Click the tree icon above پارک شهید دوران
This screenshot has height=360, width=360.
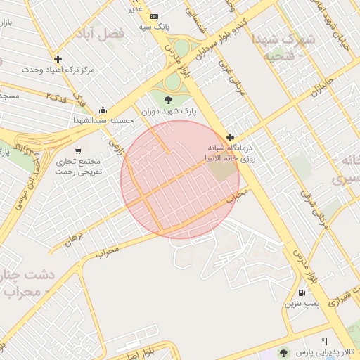click(x=168, y=99)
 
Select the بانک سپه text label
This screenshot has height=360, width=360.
click(x=153, y=27)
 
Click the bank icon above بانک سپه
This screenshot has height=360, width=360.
click(x=154, y=16)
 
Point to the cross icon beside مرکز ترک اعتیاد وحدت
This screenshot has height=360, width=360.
click(x=58, y=60)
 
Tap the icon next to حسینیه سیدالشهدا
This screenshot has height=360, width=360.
click(x=104, y=110)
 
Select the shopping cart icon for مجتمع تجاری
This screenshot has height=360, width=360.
click(x=78, y=150)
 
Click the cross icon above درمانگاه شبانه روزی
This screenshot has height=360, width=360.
click(x=230, y=137)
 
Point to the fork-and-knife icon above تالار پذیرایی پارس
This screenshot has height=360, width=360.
click(x=324, y=340)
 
